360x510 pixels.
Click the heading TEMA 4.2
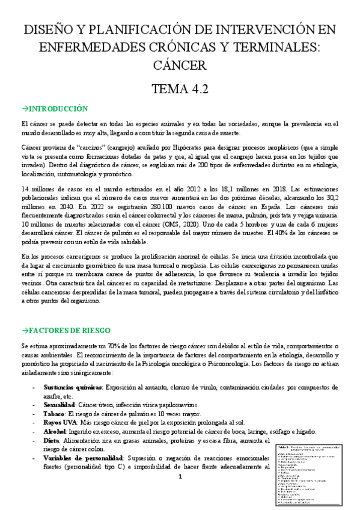pyautogui.click(x=180, y=89)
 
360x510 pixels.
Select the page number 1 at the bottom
pyautogui.click(x=180, y=477)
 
